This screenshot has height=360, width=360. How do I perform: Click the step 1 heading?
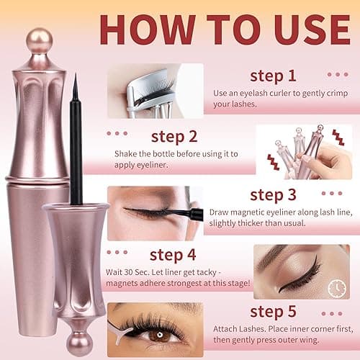pyautogui.click(x=272, y=76)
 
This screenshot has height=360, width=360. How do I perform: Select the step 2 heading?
pyautogui.click(x=174, y=136)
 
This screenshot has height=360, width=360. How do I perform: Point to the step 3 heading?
pyautogui.click(x=272, y=194)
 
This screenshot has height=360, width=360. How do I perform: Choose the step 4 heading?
pyautogui.click(x=174, y=254)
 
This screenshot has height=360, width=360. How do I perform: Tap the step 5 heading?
pyautogui.click(x=273, y=312)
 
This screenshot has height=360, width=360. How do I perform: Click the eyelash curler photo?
pyautogui.click(x=154, y=91)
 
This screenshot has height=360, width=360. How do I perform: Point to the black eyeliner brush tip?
pyautogui.click(x=74, y=84)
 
